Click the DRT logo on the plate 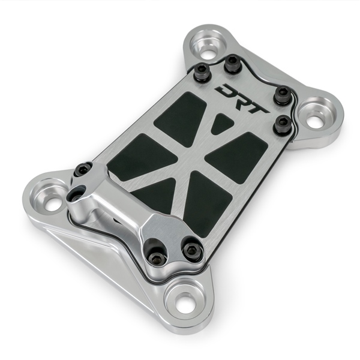[x=242, y=99]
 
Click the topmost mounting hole [x=208, y=46]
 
